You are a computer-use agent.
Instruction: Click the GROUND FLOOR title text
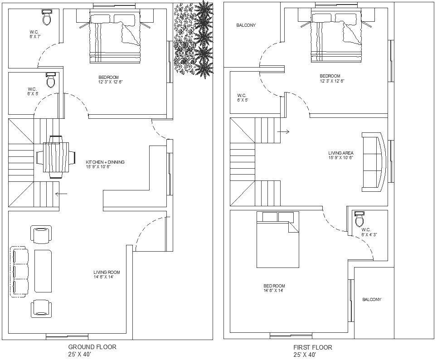(92, 347)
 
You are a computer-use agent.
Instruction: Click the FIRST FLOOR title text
(313, 347)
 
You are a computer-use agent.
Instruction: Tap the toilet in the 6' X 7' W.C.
(47, 17)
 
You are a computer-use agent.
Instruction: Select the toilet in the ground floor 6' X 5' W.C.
(50, 80)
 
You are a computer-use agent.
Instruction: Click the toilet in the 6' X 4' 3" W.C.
(359, 219)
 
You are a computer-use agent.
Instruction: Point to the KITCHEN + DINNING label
(105, 162)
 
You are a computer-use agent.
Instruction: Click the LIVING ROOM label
(107, 272)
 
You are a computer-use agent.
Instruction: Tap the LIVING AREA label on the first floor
(340, 153)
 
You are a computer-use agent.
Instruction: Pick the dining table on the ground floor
(56, 157)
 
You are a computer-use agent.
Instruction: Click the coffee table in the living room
(43, 271)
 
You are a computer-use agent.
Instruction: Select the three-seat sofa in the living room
(19, 272)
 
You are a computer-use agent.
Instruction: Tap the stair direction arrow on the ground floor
(61, 194)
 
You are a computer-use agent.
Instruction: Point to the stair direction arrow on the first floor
(283, 131)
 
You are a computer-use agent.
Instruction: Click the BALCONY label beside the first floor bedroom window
(372, 300)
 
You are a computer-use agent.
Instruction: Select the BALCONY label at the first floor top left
(246, 25)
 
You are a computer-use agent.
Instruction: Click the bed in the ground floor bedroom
(115, 36)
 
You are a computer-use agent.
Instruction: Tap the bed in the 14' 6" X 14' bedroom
(278, 239)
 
